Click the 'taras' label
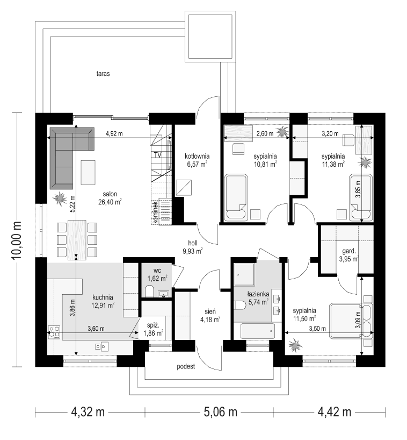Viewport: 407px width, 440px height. (x=103, y=74)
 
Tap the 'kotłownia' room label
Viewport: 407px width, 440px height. (x=197, y=157)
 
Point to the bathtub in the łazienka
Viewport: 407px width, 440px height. (x=258, y=331)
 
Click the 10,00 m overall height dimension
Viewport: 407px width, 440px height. (x=17, y=239)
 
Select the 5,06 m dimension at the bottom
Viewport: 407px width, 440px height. (x=221, y=412)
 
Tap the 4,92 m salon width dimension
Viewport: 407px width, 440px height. (x=114, y=134)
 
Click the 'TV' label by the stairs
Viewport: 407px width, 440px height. (x=158, y=155)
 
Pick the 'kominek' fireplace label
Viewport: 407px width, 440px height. (x=155, y=212)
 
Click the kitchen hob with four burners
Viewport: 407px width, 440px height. (x=54, y=331)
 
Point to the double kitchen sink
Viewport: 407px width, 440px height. (x=101, y=346)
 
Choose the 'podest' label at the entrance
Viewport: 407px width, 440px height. (x=186, y=366)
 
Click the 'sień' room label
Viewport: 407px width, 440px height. (x=210, y=311)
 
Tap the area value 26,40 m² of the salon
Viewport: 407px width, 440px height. (x=110, y=202)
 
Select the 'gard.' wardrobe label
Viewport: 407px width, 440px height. (x=348, y=251)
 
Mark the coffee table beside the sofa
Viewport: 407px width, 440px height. (x=88, y=172)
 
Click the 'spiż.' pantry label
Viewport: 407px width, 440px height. (x=153, y=325)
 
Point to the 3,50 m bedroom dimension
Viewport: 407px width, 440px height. (x=317, y=328)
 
